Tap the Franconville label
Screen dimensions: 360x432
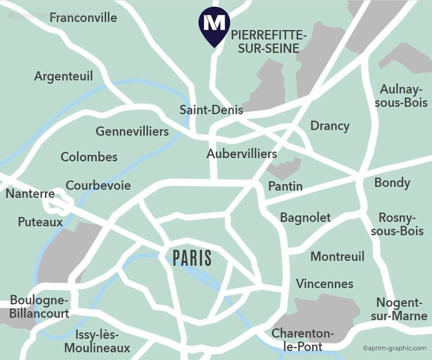[83, 18]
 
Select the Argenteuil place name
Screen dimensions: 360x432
[63, 76]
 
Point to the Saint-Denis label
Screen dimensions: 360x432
[211, 110]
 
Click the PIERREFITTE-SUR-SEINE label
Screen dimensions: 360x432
[269, 42]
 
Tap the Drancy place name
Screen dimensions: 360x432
[330, 126]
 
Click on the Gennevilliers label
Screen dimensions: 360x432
[132, 131]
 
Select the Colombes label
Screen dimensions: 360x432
[89, 157]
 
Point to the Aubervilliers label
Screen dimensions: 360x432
[242, 154]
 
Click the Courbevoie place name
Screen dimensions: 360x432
[98, 185]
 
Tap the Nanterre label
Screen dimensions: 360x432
[30, 194]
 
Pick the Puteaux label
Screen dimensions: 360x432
[40, 222]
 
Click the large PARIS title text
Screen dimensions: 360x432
[192, 258]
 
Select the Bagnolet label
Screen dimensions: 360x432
[305, 218]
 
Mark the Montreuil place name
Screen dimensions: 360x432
[337, 256]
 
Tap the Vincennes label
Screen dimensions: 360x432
[324, 284]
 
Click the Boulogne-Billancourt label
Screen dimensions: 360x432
[39, 306]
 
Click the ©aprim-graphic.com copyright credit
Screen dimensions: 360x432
[394, 348]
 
